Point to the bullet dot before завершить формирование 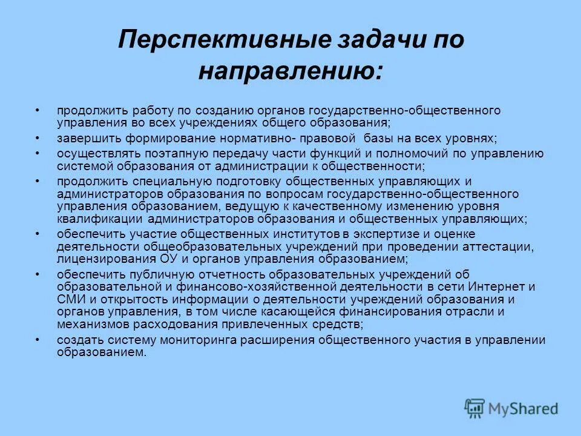38,138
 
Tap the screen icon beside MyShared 475,408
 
